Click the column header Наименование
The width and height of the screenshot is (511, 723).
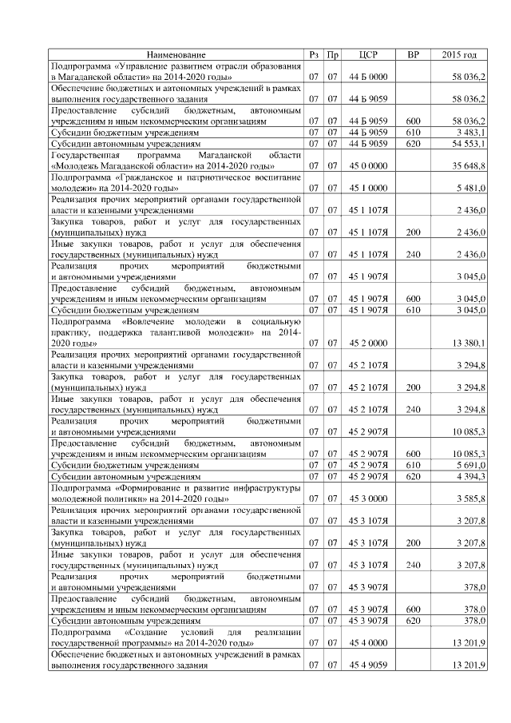[x=176, y=55]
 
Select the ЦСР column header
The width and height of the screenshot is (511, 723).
[x=368, y=55]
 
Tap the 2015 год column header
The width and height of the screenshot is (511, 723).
[x=459, y=55]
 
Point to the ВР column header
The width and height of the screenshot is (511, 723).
[x=413, y=55]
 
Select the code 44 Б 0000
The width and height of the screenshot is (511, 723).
[x=368, y=76]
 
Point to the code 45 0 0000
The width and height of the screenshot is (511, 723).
[x=368, y=165]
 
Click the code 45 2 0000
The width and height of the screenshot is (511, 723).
[x=368, y=344]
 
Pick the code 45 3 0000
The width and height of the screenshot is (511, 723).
[x=368, y=499]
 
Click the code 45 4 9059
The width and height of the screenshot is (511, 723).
[x=368, y=665]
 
